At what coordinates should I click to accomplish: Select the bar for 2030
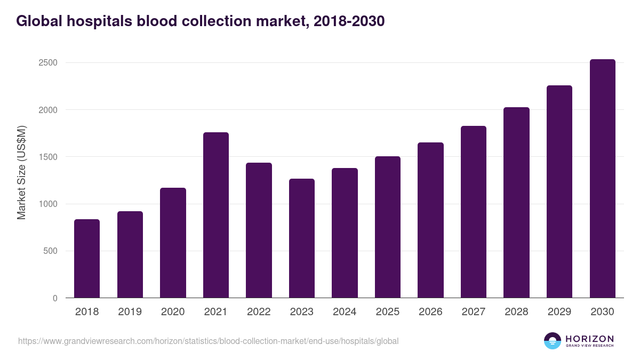click(x=602, y=179)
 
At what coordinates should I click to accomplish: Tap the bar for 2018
click(x=87, y=259)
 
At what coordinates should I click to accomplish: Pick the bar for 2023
click(x=302, y=238)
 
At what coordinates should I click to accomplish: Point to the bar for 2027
click(x=474, y=212)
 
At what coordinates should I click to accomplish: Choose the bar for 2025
click(x=388, y=227)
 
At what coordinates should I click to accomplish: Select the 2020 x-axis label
click(x=173, y=312)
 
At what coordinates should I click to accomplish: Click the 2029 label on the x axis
click(x=559, y=312)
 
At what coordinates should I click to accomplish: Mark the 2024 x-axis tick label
click(x=345, y=312)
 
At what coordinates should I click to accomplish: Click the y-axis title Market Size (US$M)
click(x=22, y=173)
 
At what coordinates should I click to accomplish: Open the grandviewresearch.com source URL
click(x=208, y=341)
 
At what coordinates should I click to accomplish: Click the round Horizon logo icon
click(x=553, y=341)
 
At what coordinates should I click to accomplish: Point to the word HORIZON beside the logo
click(x=589, y=338)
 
